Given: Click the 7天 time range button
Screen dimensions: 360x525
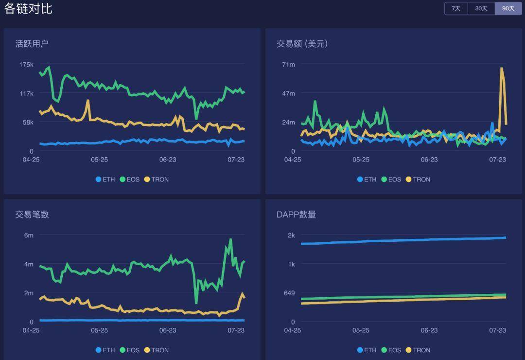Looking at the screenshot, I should click(456, 9).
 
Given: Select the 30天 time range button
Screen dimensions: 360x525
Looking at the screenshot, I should click(481, 9).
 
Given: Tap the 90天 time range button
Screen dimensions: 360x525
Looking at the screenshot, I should click(508, 9).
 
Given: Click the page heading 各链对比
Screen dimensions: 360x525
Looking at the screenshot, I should click(28, 9).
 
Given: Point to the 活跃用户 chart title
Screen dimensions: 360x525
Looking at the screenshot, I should click(32, 44).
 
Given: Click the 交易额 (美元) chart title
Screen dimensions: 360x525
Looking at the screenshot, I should click(302, 44).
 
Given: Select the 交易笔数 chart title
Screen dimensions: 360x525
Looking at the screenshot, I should click(32, 215).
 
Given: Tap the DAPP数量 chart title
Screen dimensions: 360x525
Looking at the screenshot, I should click(297, 215).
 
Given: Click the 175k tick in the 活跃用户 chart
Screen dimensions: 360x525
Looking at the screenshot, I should click(26, 65).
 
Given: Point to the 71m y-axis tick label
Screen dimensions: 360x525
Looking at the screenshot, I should click(289, 65).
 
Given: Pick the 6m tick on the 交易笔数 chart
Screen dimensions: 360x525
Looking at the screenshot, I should click(29, 235).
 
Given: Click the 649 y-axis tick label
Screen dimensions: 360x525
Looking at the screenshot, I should click(289, 293).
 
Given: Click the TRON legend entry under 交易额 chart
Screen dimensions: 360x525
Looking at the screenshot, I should click(418, 180).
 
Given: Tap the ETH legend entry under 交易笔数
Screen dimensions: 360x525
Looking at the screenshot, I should click(105, 350).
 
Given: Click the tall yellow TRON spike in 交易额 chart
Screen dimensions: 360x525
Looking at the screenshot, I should click(502, 69).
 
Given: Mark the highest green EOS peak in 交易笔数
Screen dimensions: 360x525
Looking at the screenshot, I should click(230, 240).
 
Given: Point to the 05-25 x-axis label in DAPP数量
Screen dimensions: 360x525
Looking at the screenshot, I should click(361, 330).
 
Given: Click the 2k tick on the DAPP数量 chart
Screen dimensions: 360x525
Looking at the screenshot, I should click(291, 235).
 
